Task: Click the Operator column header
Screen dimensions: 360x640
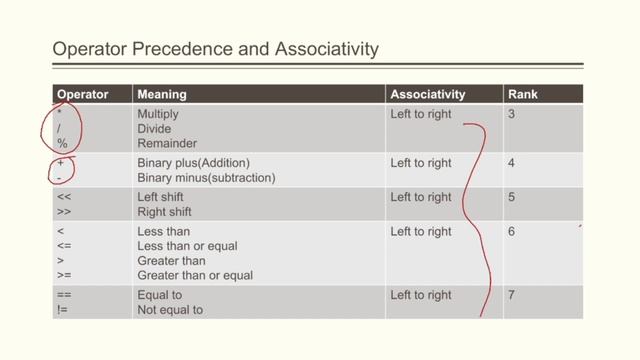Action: point(82,94)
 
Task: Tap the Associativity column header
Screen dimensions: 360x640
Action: point(428,94)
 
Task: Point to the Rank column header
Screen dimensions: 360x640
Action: point(523,94)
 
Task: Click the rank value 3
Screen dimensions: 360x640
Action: point(511,114)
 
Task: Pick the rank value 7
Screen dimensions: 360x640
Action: point(511,295)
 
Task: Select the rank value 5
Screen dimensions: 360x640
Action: point(511,197)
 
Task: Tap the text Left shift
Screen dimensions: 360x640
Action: point(162,197)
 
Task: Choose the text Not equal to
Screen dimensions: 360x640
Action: point(170,310)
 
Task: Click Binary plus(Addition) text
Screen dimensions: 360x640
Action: point(193,163)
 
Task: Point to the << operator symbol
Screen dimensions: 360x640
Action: point(64,197)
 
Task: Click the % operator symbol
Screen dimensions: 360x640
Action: point(62,144)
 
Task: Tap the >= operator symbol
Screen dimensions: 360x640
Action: point(64,275)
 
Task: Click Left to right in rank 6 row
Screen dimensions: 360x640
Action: point(421,232)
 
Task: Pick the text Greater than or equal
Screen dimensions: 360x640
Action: point(195,275)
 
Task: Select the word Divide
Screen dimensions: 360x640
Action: point(154,129)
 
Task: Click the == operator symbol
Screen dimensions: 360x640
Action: point(64,295)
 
